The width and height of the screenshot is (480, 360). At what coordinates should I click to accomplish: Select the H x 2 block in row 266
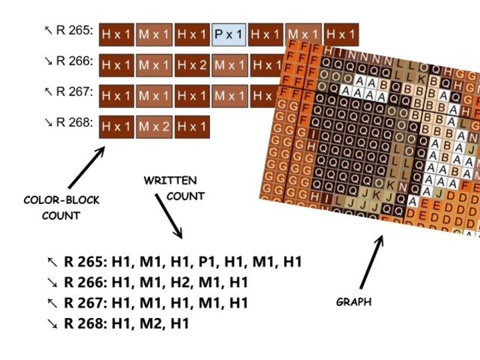point(192,65)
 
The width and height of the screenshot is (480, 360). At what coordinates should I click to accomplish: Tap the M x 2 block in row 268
point(155,127)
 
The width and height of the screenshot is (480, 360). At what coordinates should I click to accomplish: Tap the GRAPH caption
point(353,302)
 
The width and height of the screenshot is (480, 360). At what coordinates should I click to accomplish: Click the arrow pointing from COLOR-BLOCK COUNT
point(86,167)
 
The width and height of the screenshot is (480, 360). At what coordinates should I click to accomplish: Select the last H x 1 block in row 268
point(192,127)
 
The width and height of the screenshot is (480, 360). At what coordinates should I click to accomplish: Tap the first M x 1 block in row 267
point(155,96)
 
